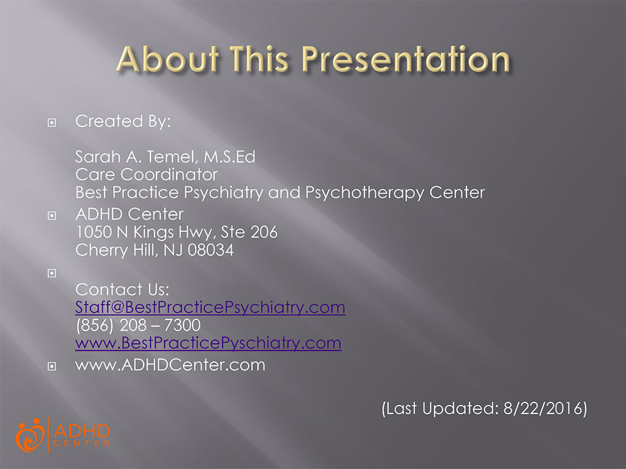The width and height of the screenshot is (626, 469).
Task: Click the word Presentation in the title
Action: pyautogui.click(x=406, y=59)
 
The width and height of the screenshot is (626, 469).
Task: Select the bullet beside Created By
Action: pyautogui.click(x=52, y=122)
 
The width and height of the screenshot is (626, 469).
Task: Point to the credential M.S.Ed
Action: pyautogui.click(x=230, y=157)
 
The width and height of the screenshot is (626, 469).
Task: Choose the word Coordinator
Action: pyautogui.click(x=169, y=175)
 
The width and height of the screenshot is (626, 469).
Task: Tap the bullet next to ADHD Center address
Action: pyautogui.click(x=52, y=216)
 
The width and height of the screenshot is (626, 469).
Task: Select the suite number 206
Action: pyautogui.click(x=264, y=232)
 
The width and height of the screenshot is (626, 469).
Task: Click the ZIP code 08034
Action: pyautogui.click(x=211, y=250)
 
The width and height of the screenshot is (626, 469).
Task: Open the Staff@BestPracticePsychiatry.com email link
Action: pyautogui.click(x=210, y=308)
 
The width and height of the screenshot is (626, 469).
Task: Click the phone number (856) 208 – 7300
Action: pyautogui.click(x=138, y=325)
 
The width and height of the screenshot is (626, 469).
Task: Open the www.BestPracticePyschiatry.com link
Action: pyautogui.click(x=208, y=343)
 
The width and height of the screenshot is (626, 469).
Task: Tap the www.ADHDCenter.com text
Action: pyautogui.click(x=170, y=365)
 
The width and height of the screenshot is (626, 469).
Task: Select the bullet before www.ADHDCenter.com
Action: pyautogui.click(x=52, y=366)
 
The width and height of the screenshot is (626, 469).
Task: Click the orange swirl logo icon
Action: pyautogui.click(x=31, y=435)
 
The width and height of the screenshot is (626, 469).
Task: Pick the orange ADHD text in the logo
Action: pyautogui.click(x=81, y=431)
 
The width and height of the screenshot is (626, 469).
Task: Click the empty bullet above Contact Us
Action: pyautogui.click(x=52, y=273)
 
